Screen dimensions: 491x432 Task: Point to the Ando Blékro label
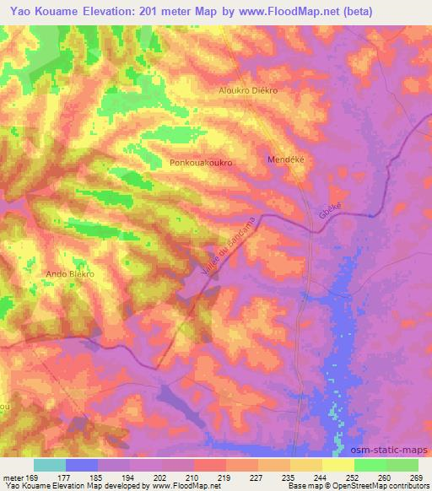pos(69,274)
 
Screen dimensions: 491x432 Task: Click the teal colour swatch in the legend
pos(50,465)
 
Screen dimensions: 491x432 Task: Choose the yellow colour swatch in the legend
pos(338,465)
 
